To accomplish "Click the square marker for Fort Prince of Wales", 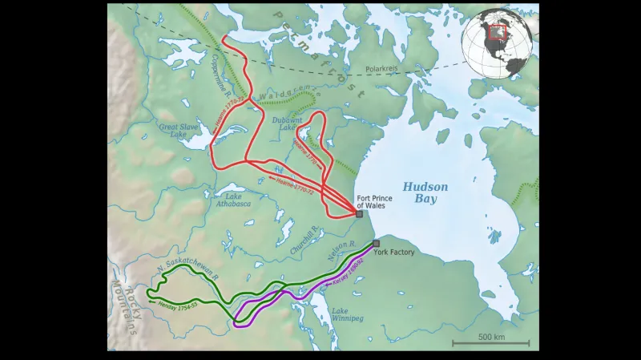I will pos(359,214).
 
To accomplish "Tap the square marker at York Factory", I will pos(376,243).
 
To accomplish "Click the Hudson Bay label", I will pos(425,192).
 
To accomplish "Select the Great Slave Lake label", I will pos(177,130).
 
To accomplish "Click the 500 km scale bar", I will pos(490,341).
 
